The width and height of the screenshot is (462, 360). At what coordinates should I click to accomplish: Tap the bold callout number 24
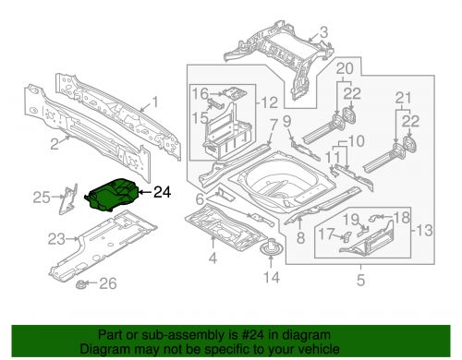pyautogui.click(x=162, y=192)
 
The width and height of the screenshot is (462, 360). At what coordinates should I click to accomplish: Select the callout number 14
pyautogui.click(x=272, y=277)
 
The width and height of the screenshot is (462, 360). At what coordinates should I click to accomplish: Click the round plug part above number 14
pyautogui.click(x=271, y=247)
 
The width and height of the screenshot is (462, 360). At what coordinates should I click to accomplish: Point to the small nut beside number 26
pyautogui.click(x=81, y=283)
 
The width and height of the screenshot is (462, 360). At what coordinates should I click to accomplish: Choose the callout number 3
pyautogui.click(x=323, y=32)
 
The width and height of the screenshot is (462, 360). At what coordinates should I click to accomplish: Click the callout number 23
pyautogui.click(x=56, y=239)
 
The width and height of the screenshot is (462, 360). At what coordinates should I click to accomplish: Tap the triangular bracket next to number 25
pyautogui.click(x=68, y=199)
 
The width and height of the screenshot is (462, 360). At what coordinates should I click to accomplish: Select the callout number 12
pyautogui.click(x=270, y=102)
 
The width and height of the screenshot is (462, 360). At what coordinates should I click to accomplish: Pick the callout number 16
pyautogui.click(x=201, y=93)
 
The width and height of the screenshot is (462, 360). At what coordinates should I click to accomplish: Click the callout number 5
pyautogui.click(x=360, y=280)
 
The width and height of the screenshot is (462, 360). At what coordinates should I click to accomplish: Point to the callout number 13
pyautogui.click(x=424, y=230)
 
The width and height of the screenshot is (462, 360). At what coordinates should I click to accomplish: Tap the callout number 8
pyautogui.click(x=300, y=238)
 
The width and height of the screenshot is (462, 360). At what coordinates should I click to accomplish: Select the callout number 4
pyautogui.click(x=213, y=258)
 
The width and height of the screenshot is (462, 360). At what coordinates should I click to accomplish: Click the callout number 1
pyautogui.click(x=155, y=102)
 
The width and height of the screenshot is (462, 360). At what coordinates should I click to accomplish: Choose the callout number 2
pyautogui.click(x=55, y=144)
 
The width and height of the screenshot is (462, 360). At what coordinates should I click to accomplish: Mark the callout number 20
pyautogui.click(x=345, y=68)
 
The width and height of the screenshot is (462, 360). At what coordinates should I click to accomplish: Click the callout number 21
pyautogui.click(x=403, y=98)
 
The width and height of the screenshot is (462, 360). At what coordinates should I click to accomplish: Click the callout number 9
pyautogui.click(x=286, y=121)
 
